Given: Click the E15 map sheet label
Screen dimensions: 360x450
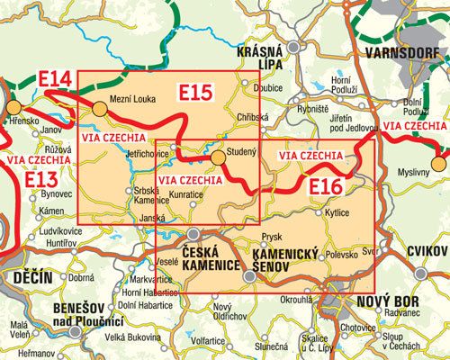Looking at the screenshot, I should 195,92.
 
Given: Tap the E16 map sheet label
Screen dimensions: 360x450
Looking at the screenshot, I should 326,187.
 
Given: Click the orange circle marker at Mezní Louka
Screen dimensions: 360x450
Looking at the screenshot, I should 100,109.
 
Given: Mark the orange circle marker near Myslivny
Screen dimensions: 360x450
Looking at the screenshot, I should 437,163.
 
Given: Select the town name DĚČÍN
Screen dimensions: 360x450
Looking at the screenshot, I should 31,280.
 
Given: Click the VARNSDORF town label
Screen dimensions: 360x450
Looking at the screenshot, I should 403,54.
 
